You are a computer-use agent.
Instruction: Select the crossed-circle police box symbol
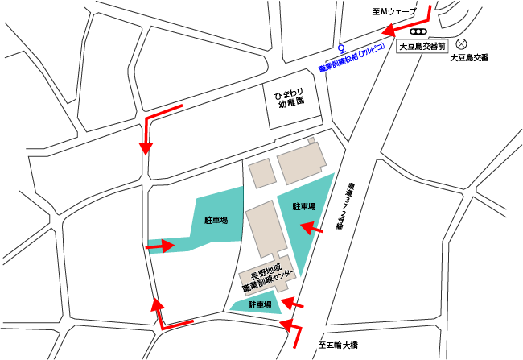point(462,44)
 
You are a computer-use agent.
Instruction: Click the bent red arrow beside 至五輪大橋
point(294,329)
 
